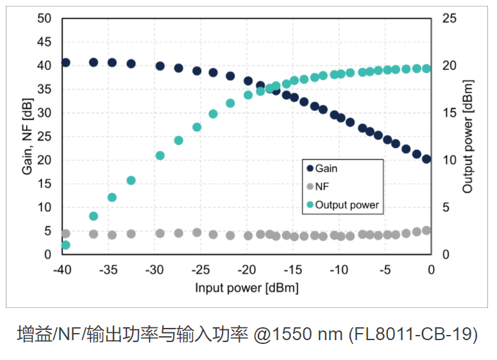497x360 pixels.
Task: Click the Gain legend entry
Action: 326,169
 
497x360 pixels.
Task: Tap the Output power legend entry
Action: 347,205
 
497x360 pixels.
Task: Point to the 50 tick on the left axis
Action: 44,19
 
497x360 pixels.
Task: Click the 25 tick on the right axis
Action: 449,19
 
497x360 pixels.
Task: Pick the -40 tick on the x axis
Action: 62,269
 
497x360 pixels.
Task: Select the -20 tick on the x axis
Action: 246,269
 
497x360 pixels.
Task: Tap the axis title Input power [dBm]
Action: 246,287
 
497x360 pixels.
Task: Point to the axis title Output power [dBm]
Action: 468,136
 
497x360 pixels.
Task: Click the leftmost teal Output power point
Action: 65,245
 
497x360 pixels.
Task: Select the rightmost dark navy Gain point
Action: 426,159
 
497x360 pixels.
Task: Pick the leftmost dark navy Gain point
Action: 65,62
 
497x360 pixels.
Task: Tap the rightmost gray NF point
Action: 426,230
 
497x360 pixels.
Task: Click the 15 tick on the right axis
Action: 449,113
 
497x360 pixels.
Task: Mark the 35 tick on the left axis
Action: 44,89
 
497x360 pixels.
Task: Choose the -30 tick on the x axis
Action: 154,269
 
